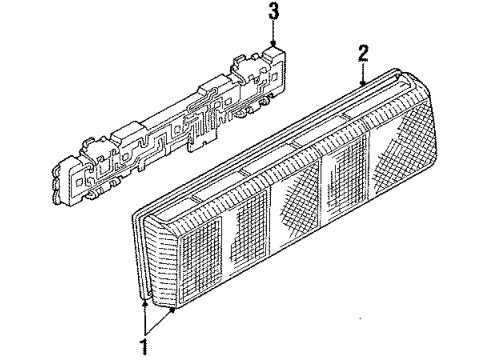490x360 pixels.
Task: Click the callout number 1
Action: point(144,347)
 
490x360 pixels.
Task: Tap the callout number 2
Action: point(363,53)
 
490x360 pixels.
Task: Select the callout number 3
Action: point(274,12)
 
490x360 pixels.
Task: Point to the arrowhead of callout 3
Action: point(273,44)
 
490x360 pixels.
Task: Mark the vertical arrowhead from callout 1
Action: point(145,303)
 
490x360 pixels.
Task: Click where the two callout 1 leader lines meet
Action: point(145,335)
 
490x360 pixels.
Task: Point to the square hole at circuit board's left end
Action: point(79,182)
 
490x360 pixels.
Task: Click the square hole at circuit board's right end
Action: point(275,77)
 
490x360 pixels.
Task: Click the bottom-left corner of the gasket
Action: point(141,297)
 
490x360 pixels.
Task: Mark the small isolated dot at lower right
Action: point(360,318)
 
